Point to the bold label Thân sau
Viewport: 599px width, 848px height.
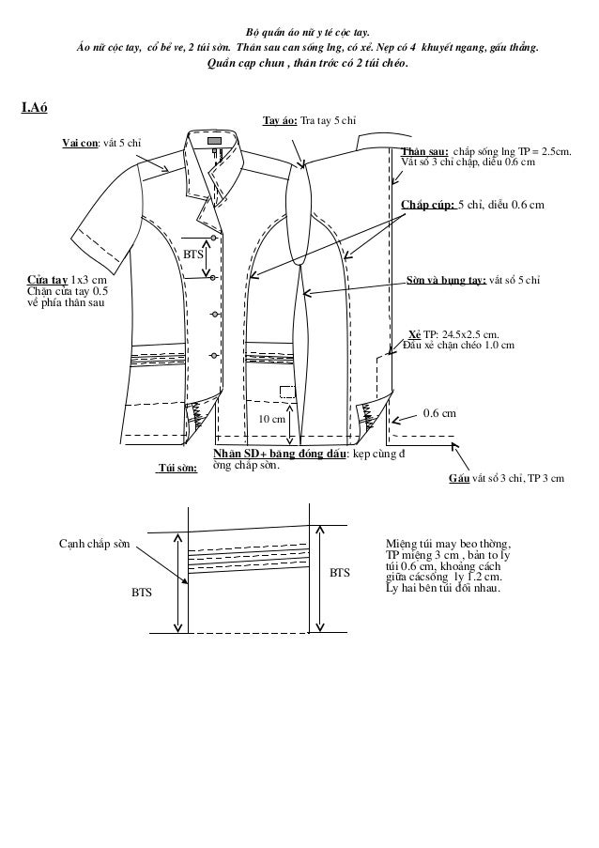pyautogui.click(x=422, y=150)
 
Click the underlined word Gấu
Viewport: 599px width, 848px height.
pyautogui.click(x=459, y=478)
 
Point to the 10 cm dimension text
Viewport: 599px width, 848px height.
pyautogui.click(x=272, y=419)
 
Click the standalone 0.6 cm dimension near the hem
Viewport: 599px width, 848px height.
pyautogui.click(x=440, y=412)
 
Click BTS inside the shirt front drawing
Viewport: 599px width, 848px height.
pyautogui.click(x=193, y=254)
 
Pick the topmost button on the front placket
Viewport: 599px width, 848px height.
pyautogui.click(x=215, y=238)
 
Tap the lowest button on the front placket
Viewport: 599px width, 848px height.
pyautogui.click(x=215, y=354)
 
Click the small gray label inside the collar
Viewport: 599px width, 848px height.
pyautogui.click(x=215, y=141)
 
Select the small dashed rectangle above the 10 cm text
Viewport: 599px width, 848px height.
pyautogui.click(x=287, y=393)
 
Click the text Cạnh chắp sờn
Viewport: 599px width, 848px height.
pyautogui.click(x=95, y=544)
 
